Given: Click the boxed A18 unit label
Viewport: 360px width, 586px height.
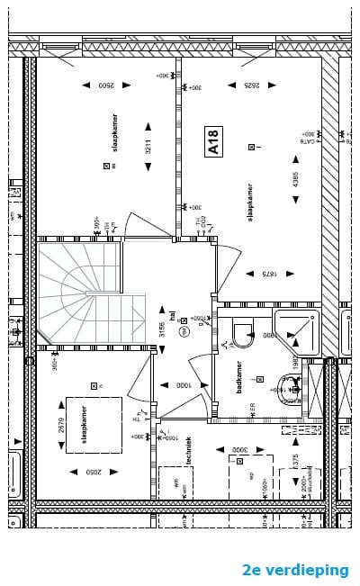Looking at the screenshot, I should [x=213, y=142].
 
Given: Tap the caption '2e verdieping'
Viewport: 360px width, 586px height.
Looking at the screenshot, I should [x=295, y=570].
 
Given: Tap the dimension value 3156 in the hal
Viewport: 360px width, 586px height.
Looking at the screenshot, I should [x=163, y=330].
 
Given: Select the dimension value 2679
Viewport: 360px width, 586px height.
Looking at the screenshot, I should [x=61, y=426].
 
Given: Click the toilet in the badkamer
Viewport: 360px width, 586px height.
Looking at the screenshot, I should [x=244, y=337].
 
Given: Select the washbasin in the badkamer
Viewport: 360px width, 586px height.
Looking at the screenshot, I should [x=290, y=389].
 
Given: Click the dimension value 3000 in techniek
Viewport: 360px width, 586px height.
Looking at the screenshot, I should [x=238, y=448].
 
